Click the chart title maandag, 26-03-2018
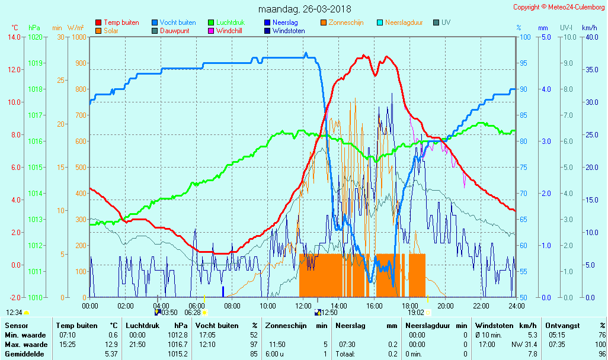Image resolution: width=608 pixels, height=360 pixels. (305, 9)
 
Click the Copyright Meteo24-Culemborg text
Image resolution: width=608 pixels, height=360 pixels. (559, 7)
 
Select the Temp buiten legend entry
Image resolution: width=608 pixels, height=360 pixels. (121, 22)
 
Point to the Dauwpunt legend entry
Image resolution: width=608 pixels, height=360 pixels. (174, 31)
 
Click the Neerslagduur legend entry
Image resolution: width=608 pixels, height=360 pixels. (404, 22)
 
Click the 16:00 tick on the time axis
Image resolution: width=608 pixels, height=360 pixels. (375, 306)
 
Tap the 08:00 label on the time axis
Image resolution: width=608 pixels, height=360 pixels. (232, 306)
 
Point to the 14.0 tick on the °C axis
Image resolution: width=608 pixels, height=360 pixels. (14, 37)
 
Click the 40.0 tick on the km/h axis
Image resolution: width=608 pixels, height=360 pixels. (590, 37)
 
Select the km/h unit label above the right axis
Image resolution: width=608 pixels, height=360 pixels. (590, 28)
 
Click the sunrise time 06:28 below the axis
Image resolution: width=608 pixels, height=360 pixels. (193, 313)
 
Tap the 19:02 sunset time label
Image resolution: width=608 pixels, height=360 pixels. (416, 313)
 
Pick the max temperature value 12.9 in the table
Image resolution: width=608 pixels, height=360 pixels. (112, 345)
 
